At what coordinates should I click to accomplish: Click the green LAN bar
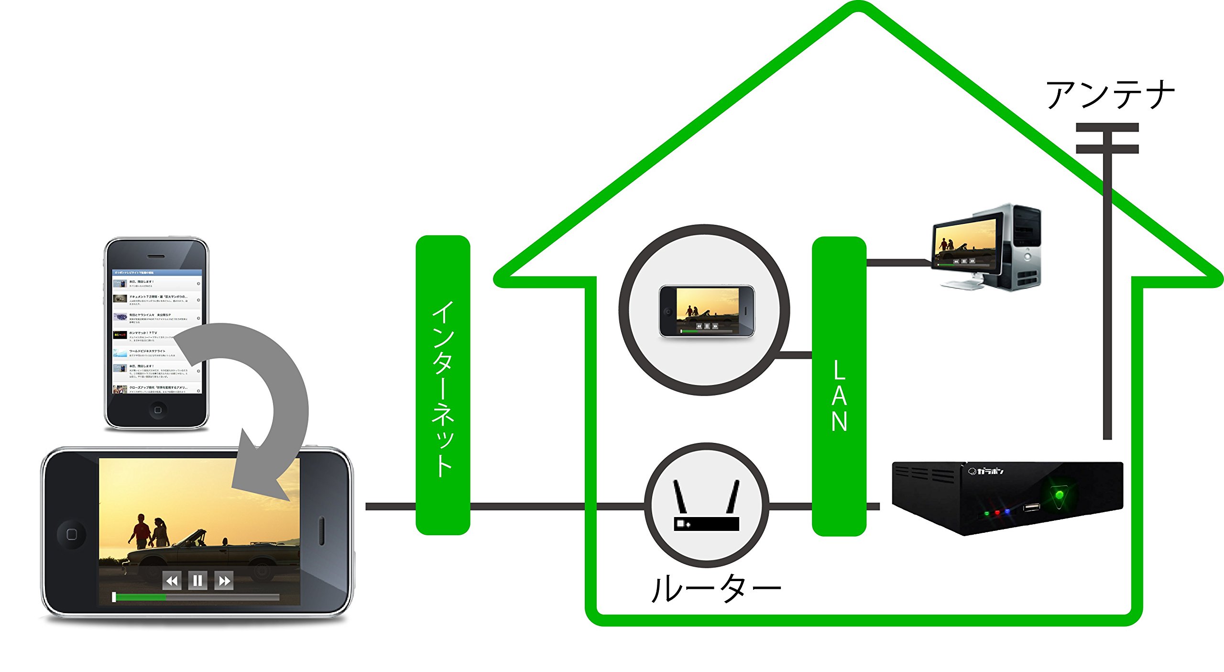(839, 386)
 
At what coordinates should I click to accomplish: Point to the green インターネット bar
(443, 386)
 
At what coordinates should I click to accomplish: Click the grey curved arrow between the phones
(268, 407)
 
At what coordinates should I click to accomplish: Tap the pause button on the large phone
(197, 581)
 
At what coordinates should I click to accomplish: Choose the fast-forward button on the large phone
(224, 581)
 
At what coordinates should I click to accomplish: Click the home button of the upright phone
(157, 410)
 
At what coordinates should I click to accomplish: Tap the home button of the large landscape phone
(72, 534)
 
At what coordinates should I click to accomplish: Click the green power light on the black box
(1060, 495)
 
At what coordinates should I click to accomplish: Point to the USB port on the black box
(1031, 507)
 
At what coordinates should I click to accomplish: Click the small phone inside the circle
(706, 311)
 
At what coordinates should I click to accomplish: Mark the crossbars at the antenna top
(1107, 138)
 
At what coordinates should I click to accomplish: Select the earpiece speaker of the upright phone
(157, 256)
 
